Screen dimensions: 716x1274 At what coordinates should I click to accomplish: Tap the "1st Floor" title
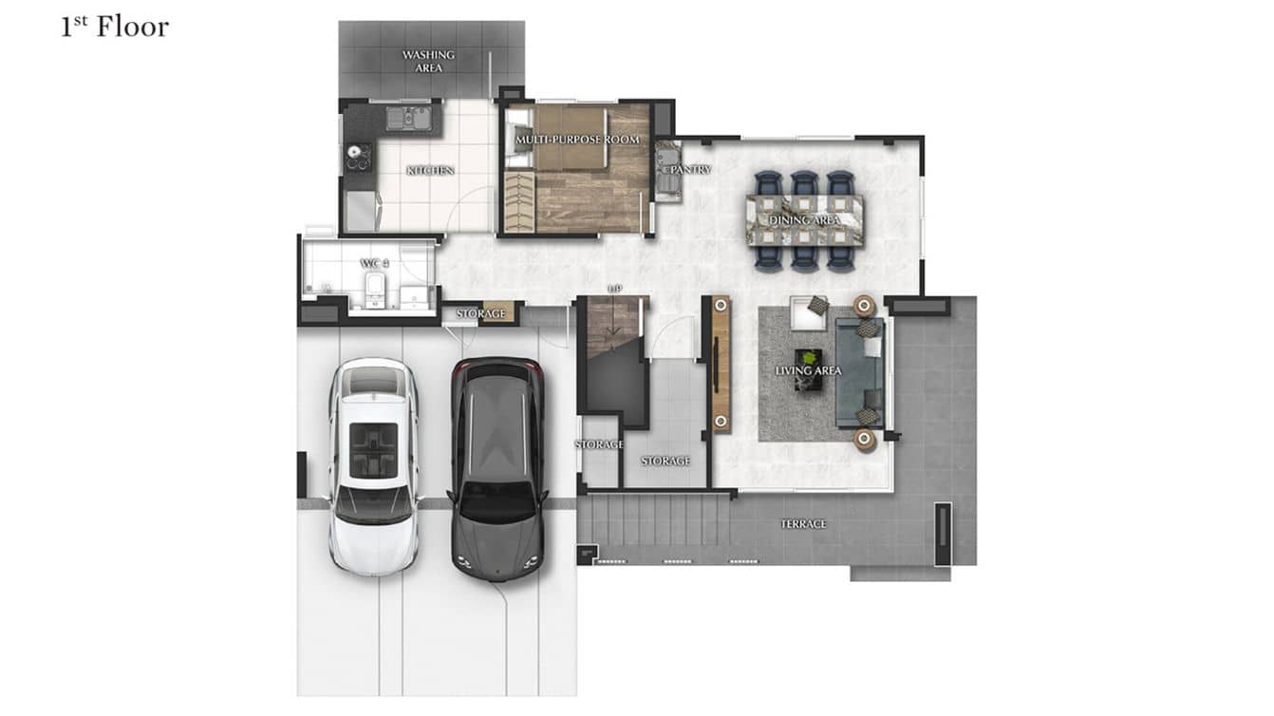pos(114,27)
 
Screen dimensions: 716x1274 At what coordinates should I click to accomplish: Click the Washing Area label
pos(428,61)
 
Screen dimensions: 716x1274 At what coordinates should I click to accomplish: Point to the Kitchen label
pos(430,171)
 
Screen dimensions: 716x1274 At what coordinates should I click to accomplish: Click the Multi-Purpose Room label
pos(577,141)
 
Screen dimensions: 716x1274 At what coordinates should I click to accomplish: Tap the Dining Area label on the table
pos(805,220)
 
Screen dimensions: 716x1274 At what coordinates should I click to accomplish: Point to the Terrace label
pos(803,524)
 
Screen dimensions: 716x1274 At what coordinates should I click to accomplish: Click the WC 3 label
pos(370,263)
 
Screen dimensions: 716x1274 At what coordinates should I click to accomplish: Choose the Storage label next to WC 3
pos(480,313)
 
